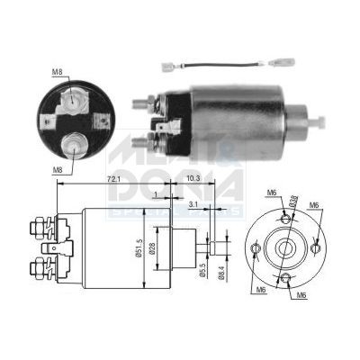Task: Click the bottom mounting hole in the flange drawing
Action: click(286, 276)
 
